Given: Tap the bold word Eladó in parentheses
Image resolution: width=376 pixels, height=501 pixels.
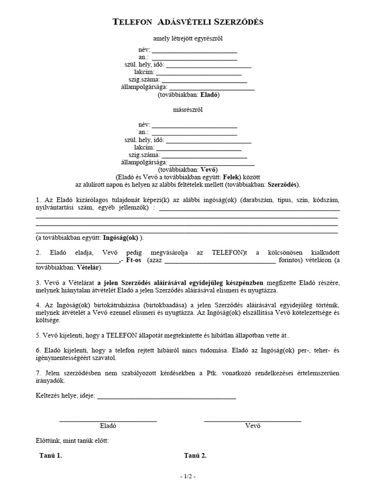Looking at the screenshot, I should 210,95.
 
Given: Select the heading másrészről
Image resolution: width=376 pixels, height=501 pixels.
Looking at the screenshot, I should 188,110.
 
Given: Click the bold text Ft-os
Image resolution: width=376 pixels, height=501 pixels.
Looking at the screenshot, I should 134,260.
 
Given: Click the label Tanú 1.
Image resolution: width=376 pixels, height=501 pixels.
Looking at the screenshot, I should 50,455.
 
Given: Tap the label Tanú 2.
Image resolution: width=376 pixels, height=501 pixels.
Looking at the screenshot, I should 195,455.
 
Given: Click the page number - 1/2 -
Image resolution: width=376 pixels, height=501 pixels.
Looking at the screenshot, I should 188,476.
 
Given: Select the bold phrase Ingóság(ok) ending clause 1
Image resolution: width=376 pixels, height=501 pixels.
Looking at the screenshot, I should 121,238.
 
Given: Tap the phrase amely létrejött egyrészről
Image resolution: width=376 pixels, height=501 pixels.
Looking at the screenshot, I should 188,39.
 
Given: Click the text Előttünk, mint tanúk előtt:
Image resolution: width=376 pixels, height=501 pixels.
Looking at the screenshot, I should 72,440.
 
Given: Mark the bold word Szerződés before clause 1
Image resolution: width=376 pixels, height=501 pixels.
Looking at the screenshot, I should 283,185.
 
